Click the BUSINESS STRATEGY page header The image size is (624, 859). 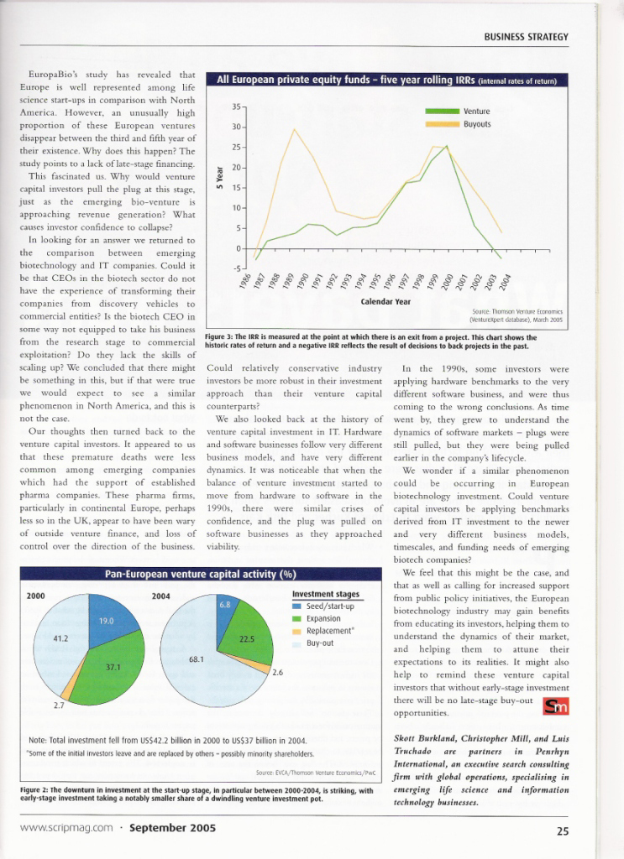[x=527, y=37]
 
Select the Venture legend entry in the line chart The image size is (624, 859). [x=476, y=112]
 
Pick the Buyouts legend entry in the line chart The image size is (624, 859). [x=477, y=123]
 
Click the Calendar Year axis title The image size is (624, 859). [x=386, y=301]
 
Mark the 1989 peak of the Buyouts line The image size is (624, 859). [x=294, y=129]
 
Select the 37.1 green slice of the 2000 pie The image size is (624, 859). [x=112, y=668]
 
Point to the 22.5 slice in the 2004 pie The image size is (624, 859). [x=247, y=639]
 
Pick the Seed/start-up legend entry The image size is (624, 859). [x=330, y=606]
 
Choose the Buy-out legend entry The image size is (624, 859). [x=322, y=643]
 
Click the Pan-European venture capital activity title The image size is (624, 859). [x=199, y=575]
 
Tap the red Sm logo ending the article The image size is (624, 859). [x=557, y=709]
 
